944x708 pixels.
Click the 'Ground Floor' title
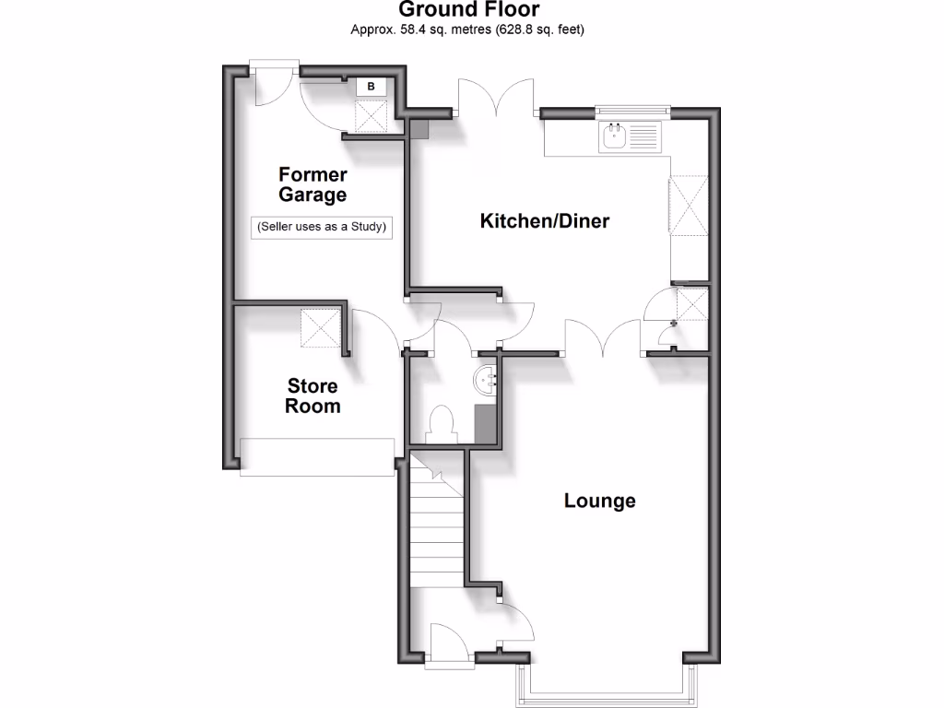point(468,10)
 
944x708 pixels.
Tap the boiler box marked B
point(371,87)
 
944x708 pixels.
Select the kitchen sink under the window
point(614,139)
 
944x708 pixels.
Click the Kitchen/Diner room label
point(545,221)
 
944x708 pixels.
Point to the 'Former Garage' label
point(313,184)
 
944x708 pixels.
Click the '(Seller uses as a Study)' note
point(321,227)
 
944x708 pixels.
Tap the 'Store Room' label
point(313,395)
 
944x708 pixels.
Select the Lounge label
point(600,501)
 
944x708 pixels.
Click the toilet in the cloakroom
point(442,423)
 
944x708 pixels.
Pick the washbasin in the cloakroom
point(489,379)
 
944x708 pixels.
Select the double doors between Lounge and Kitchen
point(603,337)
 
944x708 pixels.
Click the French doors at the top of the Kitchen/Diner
point(498,97)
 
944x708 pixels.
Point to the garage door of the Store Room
point(317,457)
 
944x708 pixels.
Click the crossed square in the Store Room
point(321,327)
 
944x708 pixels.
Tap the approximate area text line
point(467,29)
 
